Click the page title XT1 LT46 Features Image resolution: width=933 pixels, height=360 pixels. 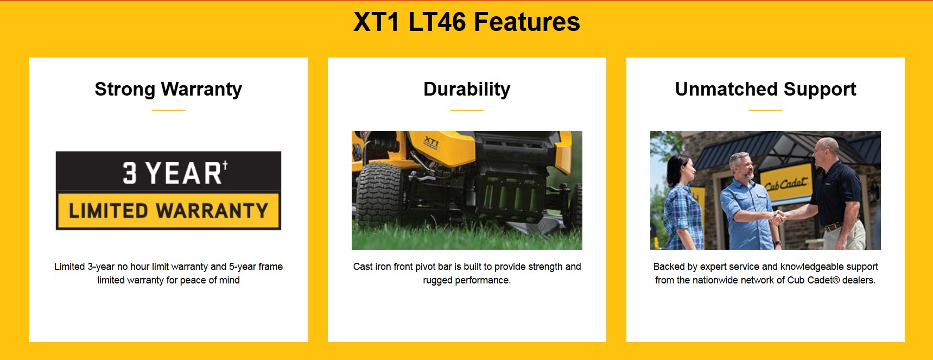(x=467, y=22)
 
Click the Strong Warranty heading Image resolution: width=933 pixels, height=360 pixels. (x=168, y=89)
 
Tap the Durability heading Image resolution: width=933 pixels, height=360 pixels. (x=467, y=89)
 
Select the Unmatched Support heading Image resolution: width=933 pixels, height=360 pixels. (x=765, y=89)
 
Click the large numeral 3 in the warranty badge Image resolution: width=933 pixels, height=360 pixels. (x=129, y=173)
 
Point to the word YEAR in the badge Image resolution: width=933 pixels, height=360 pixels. (x=183, y=173)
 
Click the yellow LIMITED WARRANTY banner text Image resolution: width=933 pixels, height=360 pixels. (x=168, y=210)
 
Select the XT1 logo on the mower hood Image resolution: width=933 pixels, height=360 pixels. (x=431, y=143)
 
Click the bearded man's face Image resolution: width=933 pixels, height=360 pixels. (x=743, y=167)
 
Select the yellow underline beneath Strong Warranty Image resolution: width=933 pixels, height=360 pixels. (x=168, y=110)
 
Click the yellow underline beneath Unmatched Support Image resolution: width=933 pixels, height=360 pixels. (x=765, y=110)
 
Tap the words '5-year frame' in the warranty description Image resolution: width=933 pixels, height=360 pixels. (x=256, y=267)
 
